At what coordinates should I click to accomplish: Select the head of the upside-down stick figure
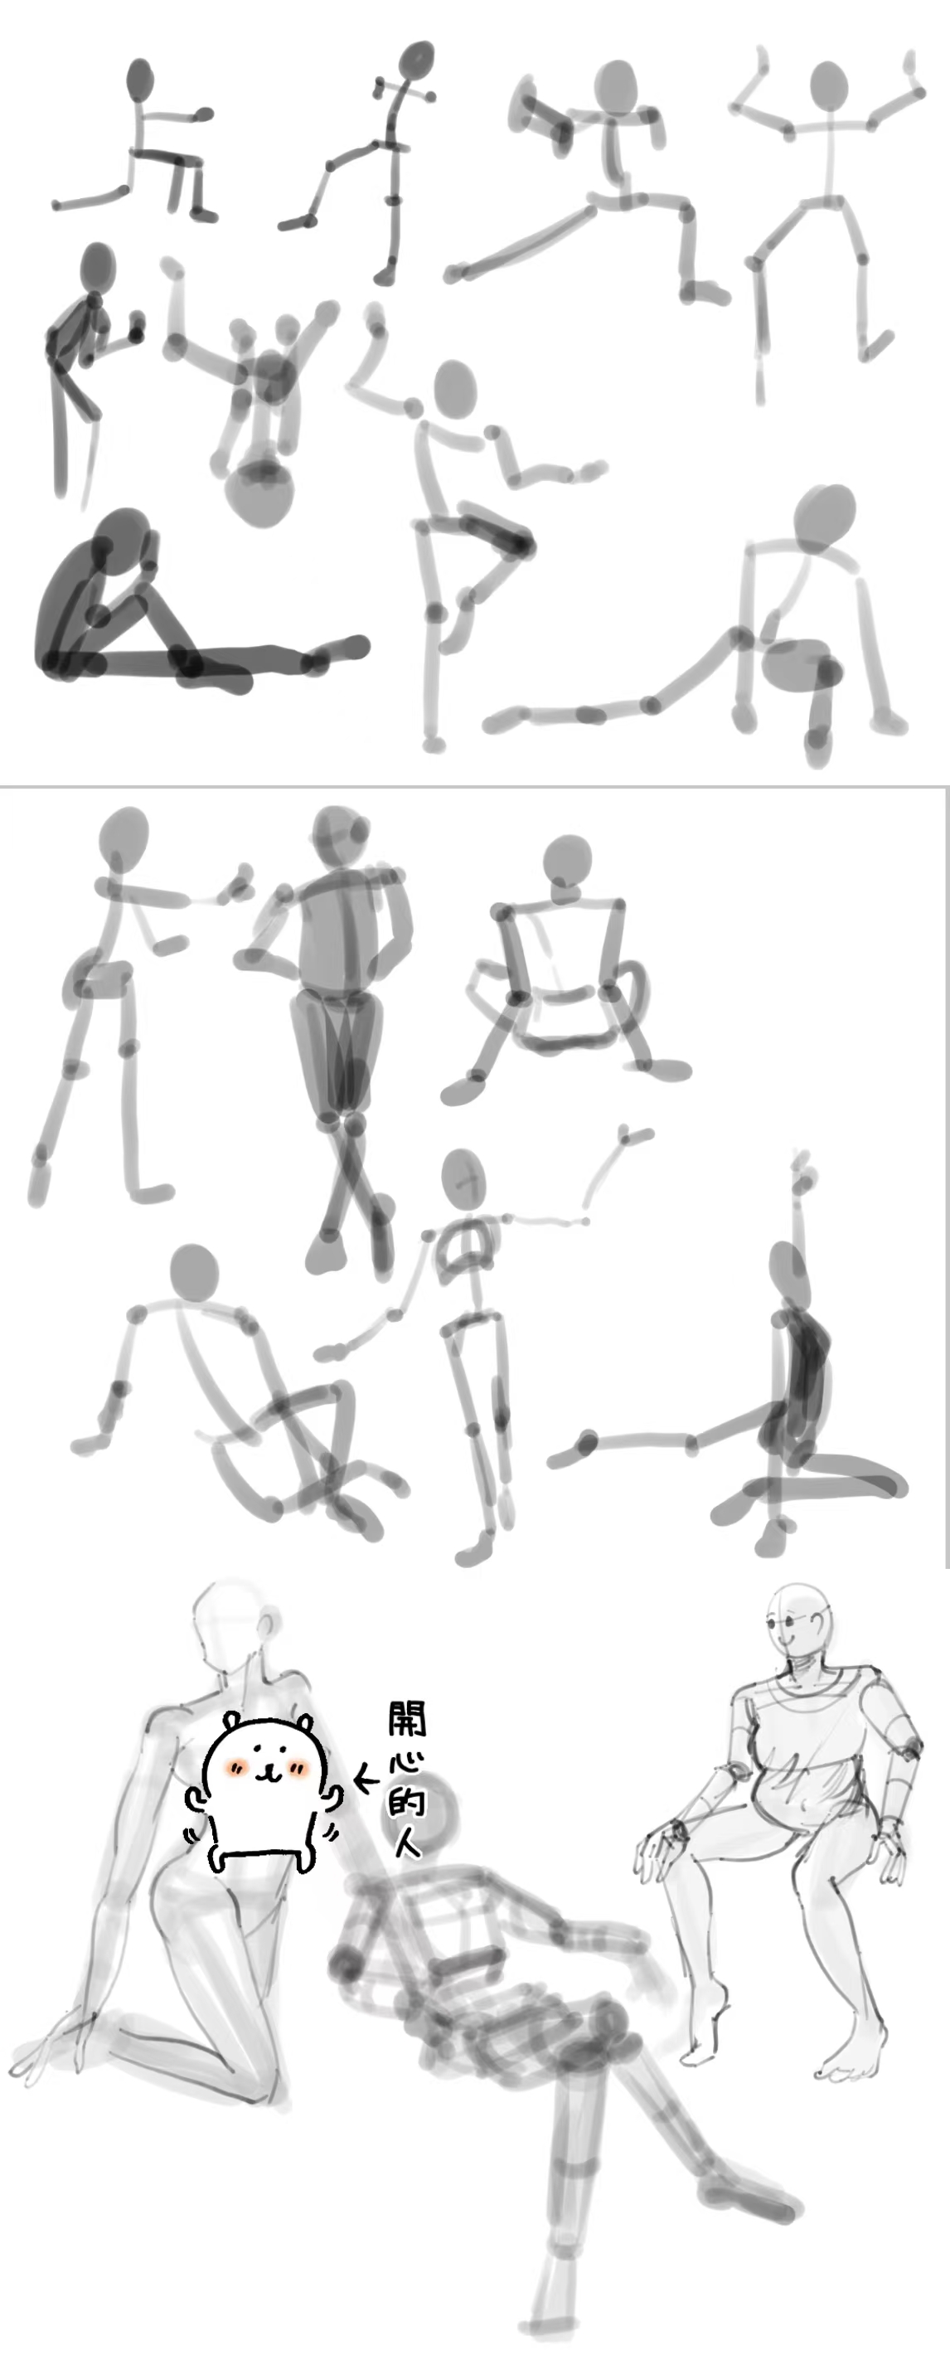click(x=260, y=493)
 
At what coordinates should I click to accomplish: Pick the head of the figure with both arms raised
click(x=829, y=89)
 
